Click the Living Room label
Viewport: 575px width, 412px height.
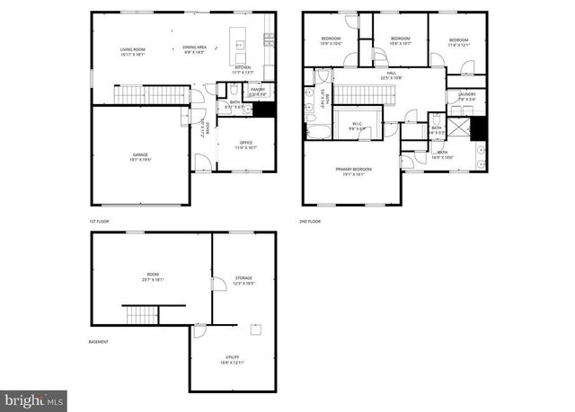pyautogui.click(x=133, y=50)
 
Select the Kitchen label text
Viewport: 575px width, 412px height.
pyautogui.click(x=243, y=69)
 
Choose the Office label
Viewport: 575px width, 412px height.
pyautogui.click(x=243, y=145)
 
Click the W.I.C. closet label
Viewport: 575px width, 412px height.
pyautogui.click(x=356, y=125)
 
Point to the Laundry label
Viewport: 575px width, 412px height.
pyautogui.click(x=466, y=96)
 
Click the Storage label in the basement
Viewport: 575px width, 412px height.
pyautogui.click(x=243, y=279)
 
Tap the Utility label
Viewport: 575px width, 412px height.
pyautogui.click(x=232, y=360)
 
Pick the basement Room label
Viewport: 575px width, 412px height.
pyautogui.click(x=151, y=276)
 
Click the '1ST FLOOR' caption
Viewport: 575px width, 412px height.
pyautogui.click(x=102, y=220)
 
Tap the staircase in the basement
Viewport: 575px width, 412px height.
pyautogui.click(x=142, y=314)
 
